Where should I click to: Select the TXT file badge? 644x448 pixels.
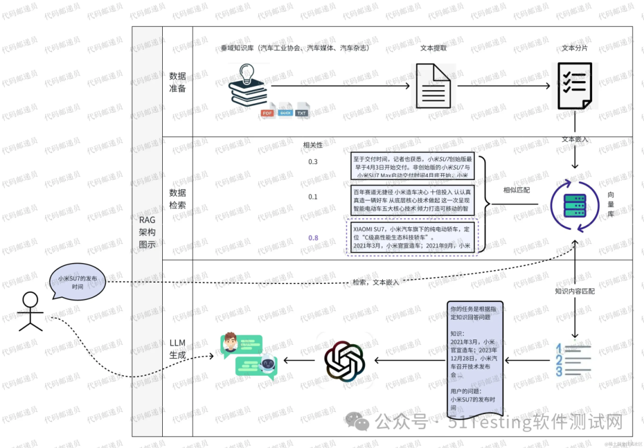click(303, 113)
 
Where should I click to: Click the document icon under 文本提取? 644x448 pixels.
click(432, 86)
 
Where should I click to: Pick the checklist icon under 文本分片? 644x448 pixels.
click(575, 86)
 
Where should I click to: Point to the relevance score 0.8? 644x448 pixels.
click(313, 238)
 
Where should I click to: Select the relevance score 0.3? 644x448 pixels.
click(313, 162)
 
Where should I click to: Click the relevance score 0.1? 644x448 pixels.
click(313, 197)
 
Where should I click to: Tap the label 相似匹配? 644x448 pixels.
click(516, 190)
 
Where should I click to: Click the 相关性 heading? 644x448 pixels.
click(313, 145)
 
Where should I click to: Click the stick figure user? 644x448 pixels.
click(30, 311)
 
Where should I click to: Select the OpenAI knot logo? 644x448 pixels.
click(344, 360)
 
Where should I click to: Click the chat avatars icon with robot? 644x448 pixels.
click(249, 357)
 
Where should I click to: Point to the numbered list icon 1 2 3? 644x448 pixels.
click(573, 360)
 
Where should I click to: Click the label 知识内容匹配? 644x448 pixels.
click(575, 291)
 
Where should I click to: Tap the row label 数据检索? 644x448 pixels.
click(178, 199)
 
